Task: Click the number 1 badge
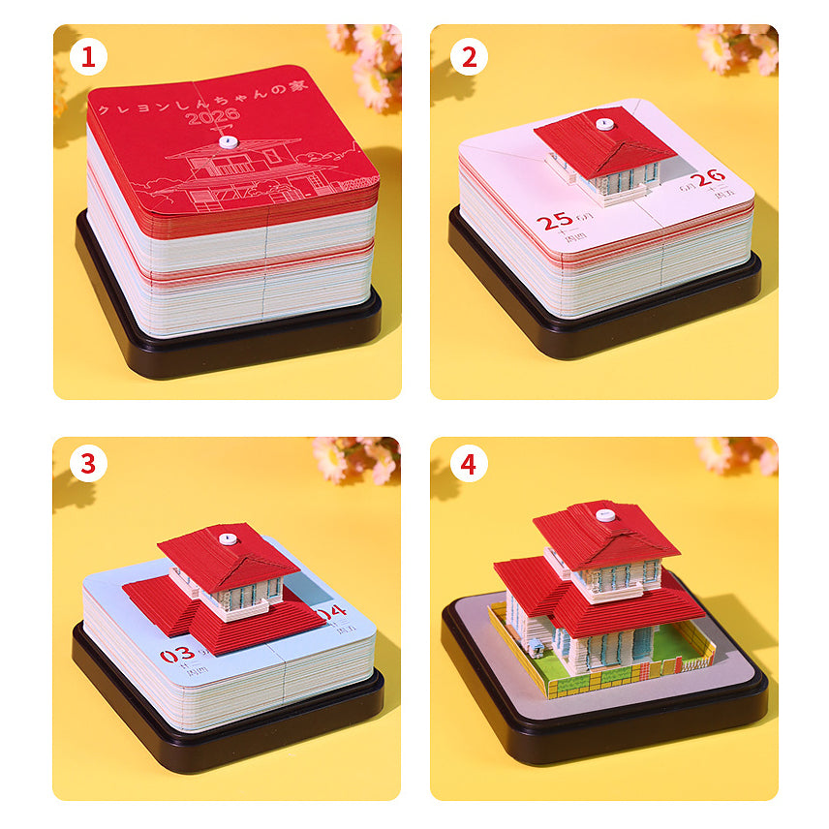tap(87, 58)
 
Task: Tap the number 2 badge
tap(469, 58)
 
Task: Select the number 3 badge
tap(87, 464)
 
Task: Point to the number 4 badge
tap(469, 464)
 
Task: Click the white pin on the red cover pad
tap(228, 141)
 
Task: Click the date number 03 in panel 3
tap(176, 656)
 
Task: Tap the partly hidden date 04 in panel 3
tap(332, 611)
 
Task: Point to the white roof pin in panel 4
tap(605, 514)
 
